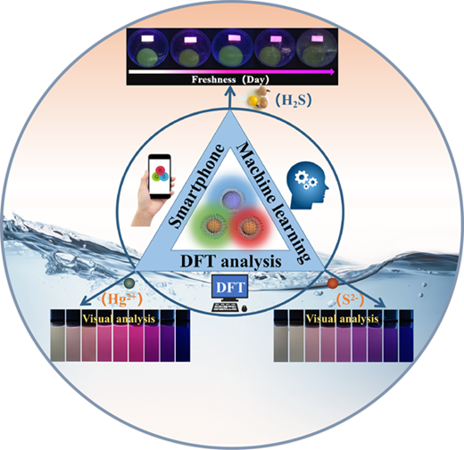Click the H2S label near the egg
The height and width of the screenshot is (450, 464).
(x=293, y=101)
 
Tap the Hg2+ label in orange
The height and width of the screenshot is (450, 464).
(x=122, y=299)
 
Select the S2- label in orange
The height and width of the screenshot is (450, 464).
(x=350, y=299)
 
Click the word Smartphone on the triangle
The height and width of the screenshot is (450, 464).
(x=196, y=186)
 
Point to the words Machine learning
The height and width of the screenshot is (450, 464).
(x=272, y=202)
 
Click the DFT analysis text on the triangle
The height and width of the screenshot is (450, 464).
(x=231, y=261)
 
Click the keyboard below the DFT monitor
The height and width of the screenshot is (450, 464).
(x=227, y=307)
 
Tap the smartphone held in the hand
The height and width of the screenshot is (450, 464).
(x=160, y=176)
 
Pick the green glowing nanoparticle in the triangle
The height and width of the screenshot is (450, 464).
(x=208, y=225)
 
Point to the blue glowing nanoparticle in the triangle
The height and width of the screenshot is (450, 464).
(x=234, y=198)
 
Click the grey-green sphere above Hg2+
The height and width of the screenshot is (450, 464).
(x=129, y=283)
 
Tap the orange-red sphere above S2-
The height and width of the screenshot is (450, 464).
(x=333, y=282)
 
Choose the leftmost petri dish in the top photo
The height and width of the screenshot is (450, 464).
(x=148, y=49)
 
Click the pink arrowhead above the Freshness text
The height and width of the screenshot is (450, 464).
(x=332, y=71)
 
